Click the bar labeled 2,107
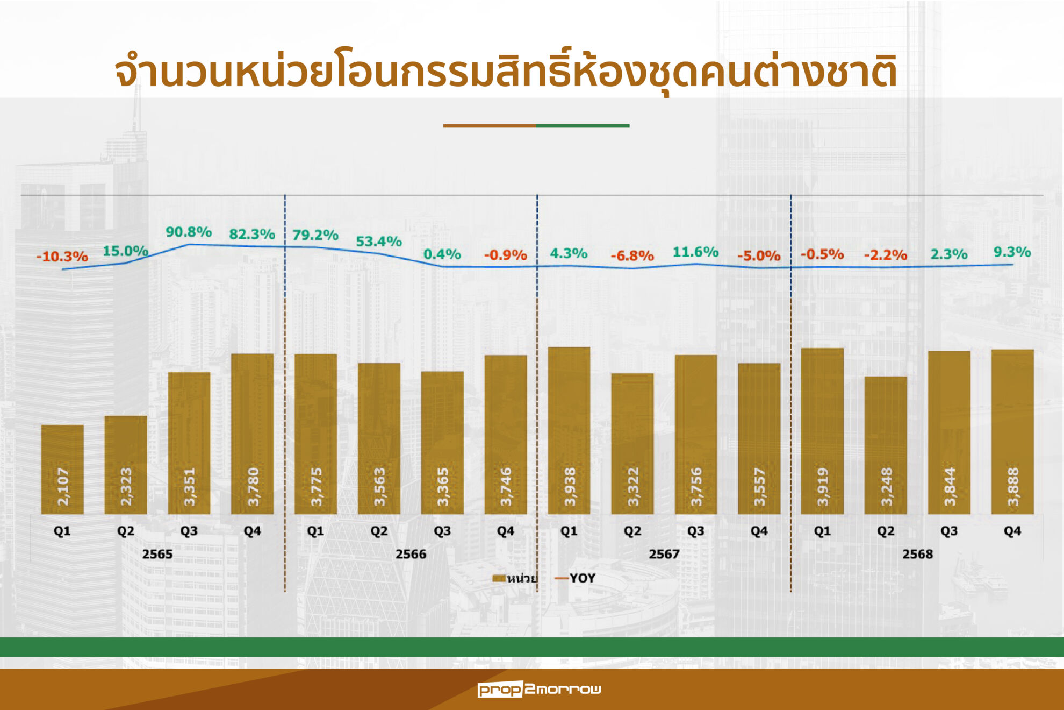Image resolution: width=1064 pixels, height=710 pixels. (62, 469)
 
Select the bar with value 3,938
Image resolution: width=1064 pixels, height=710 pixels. (569, 430)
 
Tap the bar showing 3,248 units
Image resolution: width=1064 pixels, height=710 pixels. (886, 445)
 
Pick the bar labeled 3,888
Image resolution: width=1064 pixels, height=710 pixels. (1012, 431)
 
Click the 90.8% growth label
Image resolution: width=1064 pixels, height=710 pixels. (189, 232)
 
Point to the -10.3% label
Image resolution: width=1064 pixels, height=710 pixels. (62, 257)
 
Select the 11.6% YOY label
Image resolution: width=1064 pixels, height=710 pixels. (695, 252)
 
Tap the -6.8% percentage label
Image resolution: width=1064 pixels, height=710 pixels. (632, 255)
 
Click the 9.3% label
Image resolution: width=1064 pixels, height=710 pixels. (1012, 252)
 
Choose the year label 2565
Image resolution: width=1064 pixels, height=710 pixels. (157, 554)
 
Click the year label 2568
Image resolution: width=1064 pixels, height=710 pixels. (917, 554)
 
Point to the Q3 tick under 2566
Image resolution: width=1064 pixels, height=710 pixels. (442, 531)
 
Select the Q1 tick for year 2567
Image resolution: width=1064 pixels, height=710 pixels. (569, 531)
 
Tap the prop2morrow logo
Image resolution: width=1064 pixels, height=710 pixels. (539, 689)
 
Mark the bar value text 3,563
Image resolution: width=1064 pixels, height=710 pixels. (379, 487)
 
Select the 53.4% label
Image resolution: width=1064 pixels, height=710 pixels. (379, 242)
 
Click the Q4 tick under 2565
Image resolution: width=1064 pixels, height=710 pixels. (252, 531)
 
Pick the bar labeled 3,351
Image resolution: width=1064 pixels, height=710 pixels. (189, 443)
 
